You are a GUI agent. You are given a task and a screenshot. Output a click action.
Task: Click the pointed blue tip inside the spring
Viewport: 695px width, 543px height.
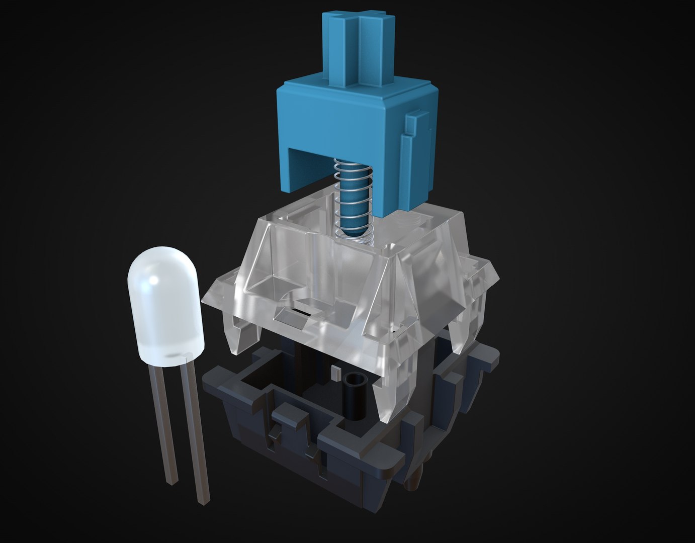[352, 229]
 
